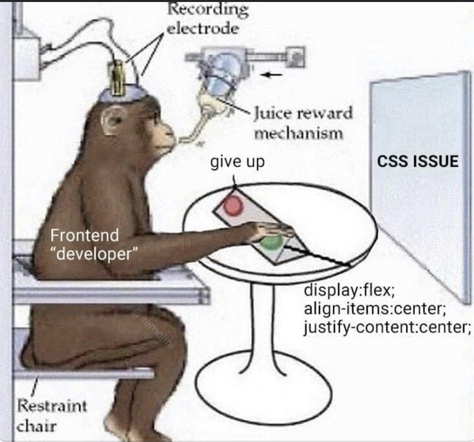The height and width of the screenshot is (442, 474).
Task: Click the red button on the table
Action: click(233, 204)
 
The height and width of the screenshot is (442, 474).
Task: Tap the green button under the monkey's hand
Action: click(271, 242)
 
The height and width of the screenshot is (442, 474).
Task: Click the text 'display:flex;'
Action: click(349, 292)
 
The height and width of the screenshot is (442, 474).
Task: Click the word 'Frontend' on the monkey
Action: click(85, 236)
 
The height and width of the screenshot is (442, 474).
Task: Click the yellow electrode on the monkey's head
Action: click(120, 78)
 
